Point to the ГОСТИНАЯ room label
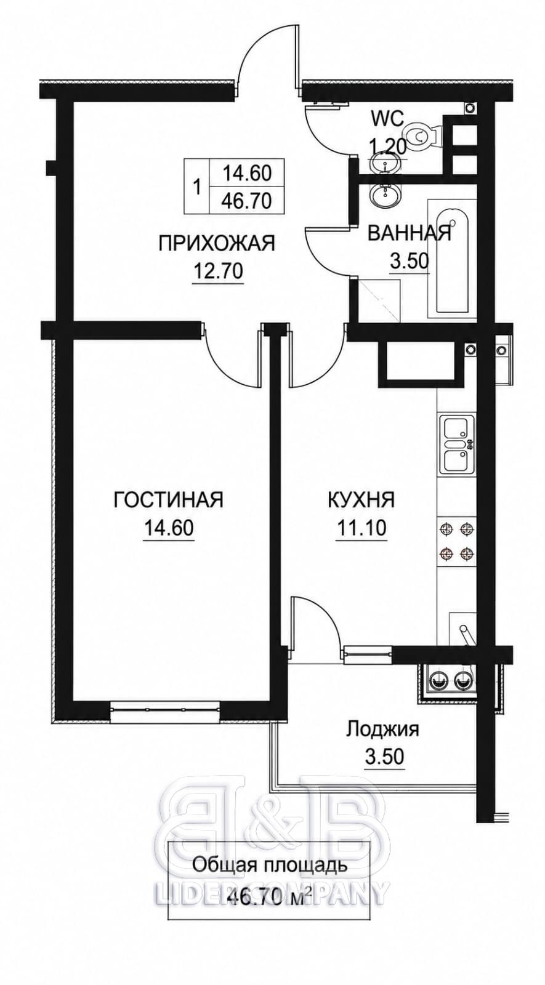coord(169,500)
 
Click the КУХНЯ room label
coord(361,500)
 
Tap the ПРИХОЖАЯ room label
coord(216,243)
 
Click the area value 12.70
coord(218,271)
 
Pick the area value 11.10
coord(361,528)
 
